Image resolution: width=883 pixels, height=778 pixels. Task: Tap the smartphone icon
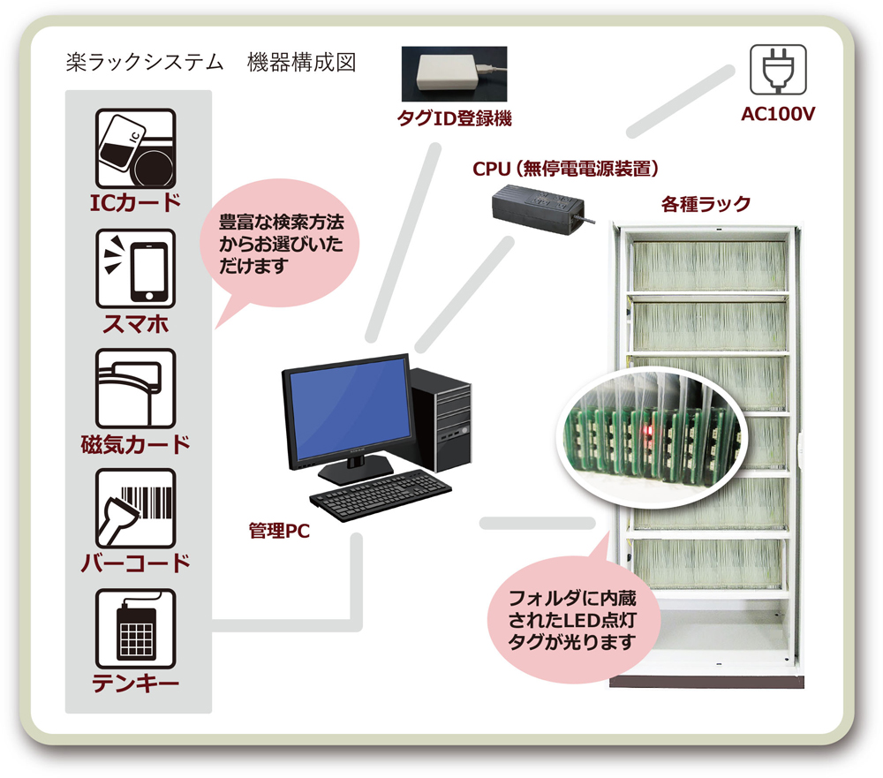pos(135,268)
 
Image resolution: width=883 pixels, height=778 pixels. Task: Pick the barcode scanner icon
pos(135,508)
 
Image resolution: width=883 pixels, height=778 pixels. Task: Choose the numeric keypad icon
pos(135,628)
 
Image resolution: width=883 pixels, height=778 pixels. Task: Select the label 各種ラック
pos(706,204)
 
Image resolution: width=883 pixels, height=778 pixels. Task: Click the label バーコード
pos(135,563)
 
